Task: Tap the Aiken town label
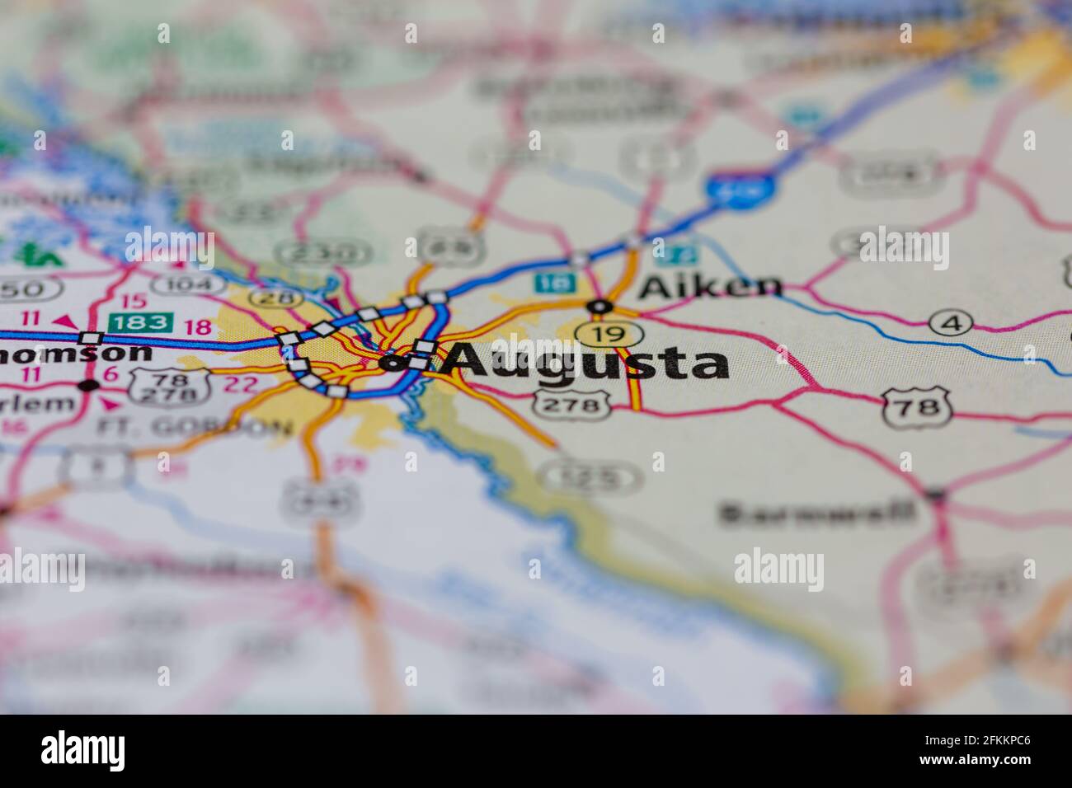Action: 710,286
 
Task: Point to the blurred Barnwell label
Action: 817,513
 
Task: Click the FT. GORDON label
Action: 195,427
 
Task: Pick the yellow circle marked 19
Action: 609,334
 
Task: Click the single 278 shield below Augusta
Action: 572,405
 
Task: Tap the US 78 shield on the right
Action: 916,407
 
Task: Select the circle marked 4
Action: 951,324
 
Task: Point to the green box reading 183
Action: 142,322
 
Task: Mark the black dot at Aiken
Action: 599,307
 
